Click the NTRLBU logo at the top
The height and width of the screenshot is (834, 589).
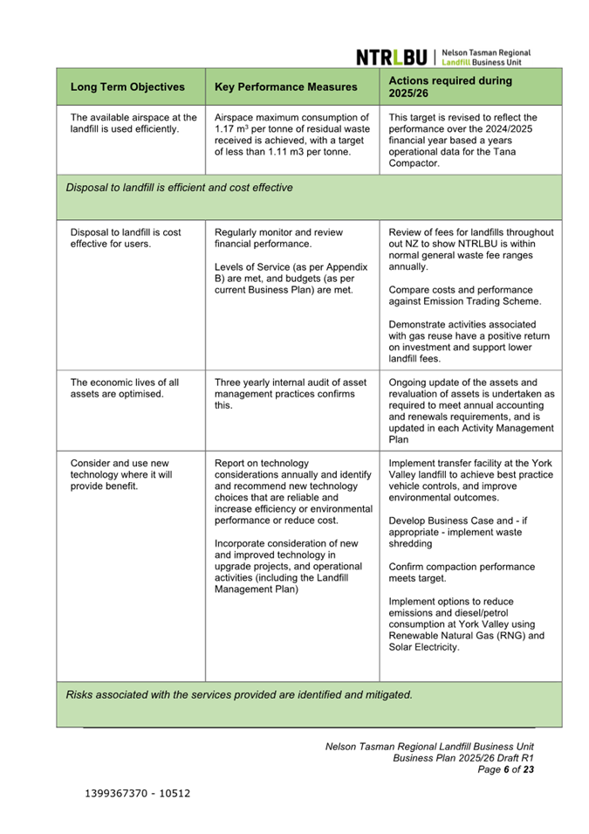[443, 57]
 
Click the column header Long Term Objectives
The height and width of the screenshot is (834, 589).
[127, 87]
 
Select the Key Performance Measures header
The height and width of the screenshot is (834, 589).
[286, 87]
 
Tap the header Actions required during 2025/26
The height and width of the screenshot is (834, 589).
[450, 87]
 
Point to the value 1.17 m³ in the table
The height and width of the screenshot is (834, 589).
[231, 129]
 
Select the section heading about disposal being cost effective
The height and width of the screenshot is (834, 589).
[180, 188]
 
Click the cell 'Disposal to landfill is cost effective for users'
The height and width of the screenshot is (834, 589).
[126, 238]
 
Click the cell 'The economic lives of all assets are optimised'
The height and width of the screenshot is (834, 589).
[125, 388]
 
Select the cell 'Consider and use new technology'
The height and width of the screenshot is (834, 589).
[121, 474]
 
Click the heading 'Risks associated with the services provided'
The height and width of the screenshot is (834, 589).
[239, 695]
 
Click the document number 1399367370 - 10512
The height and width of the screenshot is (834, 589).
[138, 794]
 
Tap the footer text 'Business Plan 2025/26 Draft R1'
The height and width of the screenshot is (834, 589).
[462, 758]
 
